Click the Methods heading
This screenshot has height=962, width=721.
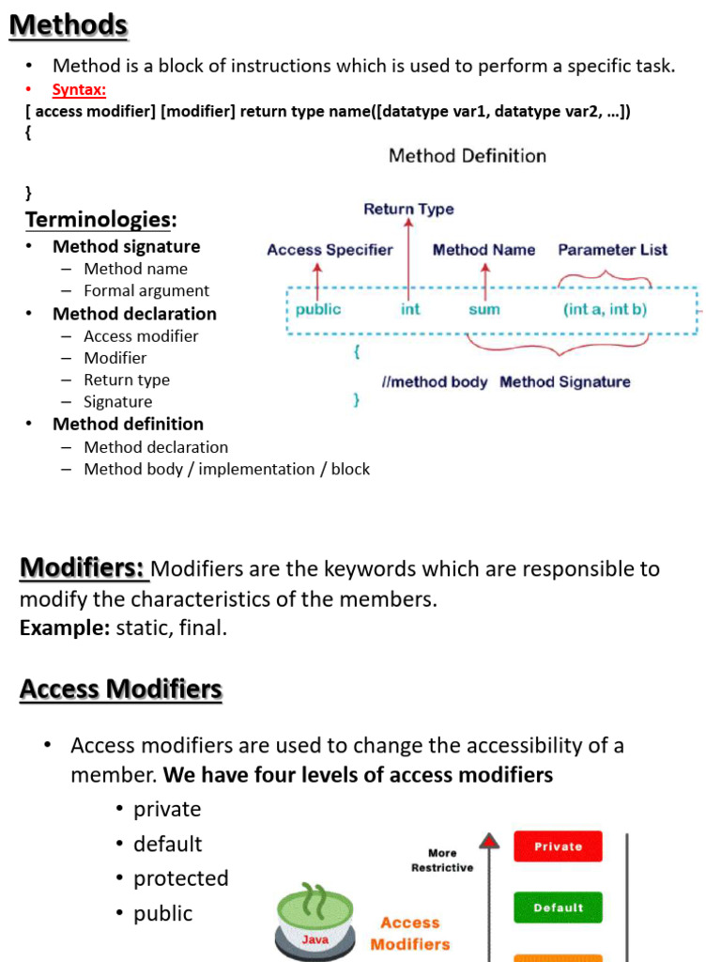click(69, 25)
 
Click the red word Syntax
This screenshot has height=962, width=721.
click(79, 89)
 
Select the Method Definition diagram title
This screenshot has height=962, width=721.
click(468, 156)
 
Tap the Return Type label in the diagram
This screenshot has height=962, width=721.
click(408, 209)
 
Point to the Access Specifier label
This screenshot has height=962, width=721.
click(330, 250)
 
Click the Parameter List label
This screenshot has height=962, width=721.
click(612, 250)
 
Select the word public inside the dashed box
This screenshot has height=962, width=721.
click(318, 309)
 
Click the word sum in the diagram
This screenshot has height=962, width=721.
click(484, 309)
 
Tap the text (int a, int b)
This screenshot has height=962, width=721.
click(605, 309)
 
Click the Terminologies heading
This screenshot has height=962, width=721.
click(100, 220)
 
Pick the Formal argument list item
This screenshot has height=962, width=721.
click(146, 291)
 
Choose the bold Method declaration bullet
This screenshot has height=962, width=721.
click(134, 314)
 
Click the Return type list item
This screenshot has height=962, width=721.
click(127, 380)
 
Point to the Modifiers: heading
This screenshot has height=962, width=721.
click(83, 568)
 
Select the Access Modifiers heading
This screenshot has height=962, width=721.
click(120, 690)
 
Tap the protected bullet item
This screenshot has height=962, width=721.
click(180, 878)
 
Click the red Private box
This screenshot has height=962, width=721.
click(558, 846)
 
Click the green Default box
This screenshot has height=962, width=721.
click(558, 908)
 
